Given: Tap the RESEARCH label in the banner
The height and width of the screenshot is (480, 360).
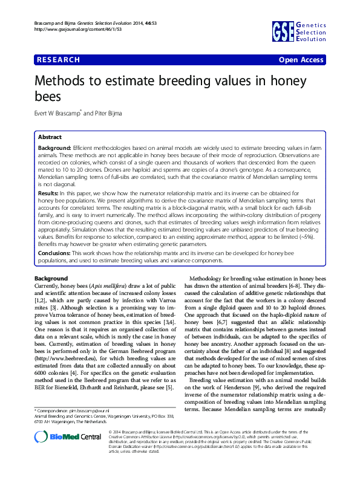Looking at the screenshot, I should (x=58, y=60).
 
